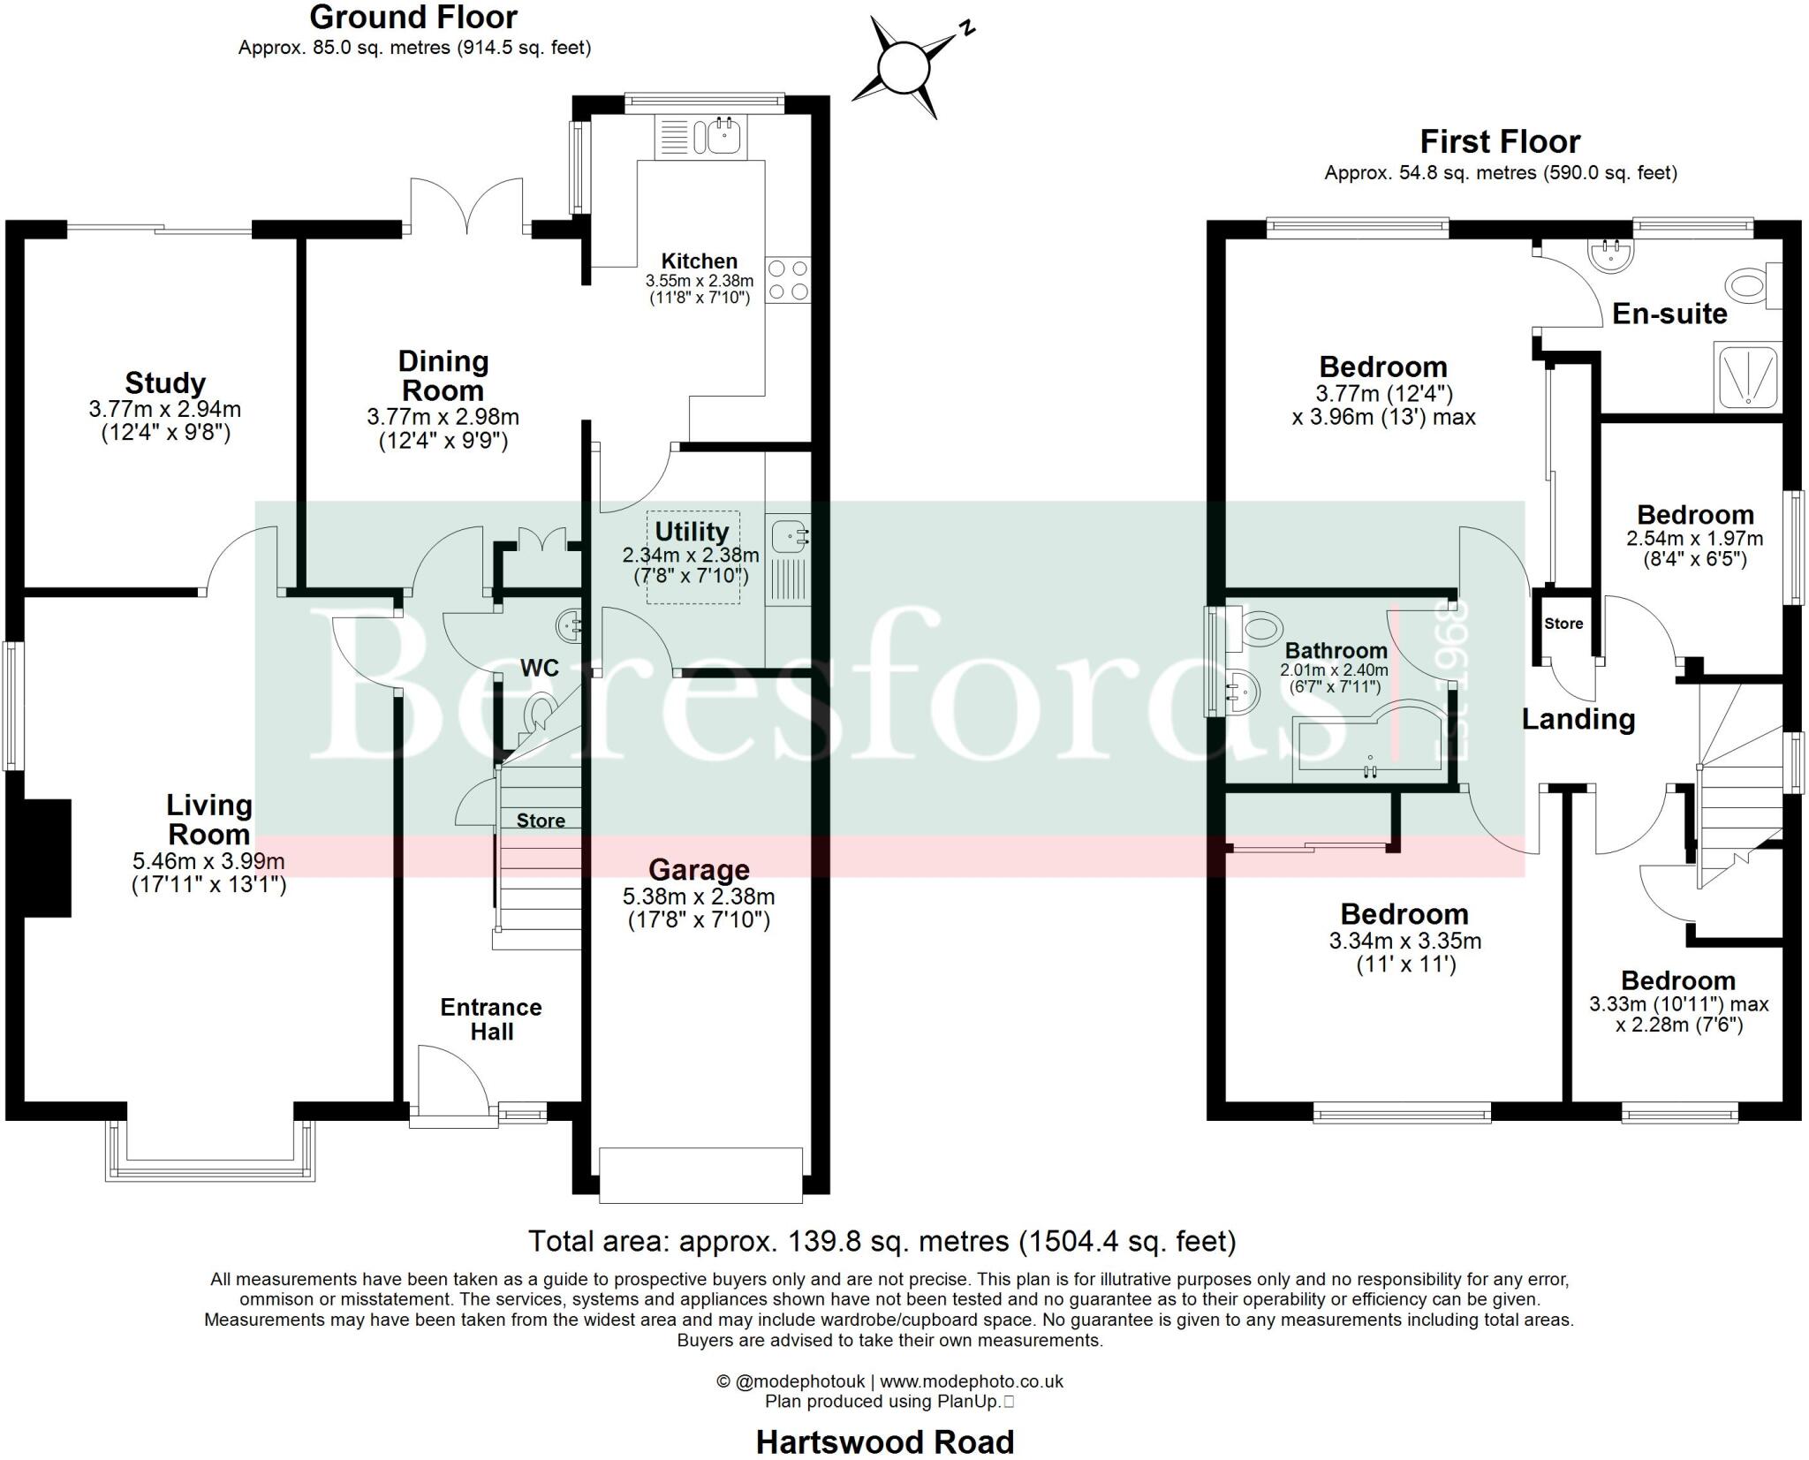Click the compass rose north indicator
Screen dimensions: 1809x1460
pyautogui.click(x=904, y=66)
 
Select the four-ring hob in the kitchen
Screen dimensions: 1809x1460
pyautogui.click(x=787, y=279)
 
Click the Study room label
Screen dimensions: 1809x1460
pyautogui.click(x=165, y=382)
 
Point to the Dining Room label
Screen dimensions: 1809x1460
pyautogui.click(x=443, y=375)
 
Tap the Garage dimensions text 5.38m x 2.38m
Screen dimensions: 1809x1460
pyautogui.click(x=699, y=896)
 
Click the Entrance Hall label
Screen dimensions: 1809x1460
pyautogui.click(x=491, y=1019)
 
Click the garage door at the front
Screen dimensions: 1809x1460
pyautogui.click(x=700, y=1175)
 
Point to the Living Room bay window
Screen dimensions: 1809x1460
pyautogui.click(x=209, y=1151)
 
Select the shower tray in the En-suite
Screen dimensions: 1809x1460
pyautogui.click(x=1747, y=378)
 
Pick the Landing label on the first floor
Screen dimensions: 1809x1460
pyautogui.click(x=1578, y=720)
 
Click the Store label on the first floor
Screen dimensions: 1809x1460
pyautogui.click(x=1563, y=624)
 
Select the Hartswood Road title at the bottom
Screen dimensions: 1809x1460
pyautogui.click(x=885, y=1442)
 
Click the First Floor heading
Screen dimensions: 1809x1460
pyautogui.click(x=1500, y=141)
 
